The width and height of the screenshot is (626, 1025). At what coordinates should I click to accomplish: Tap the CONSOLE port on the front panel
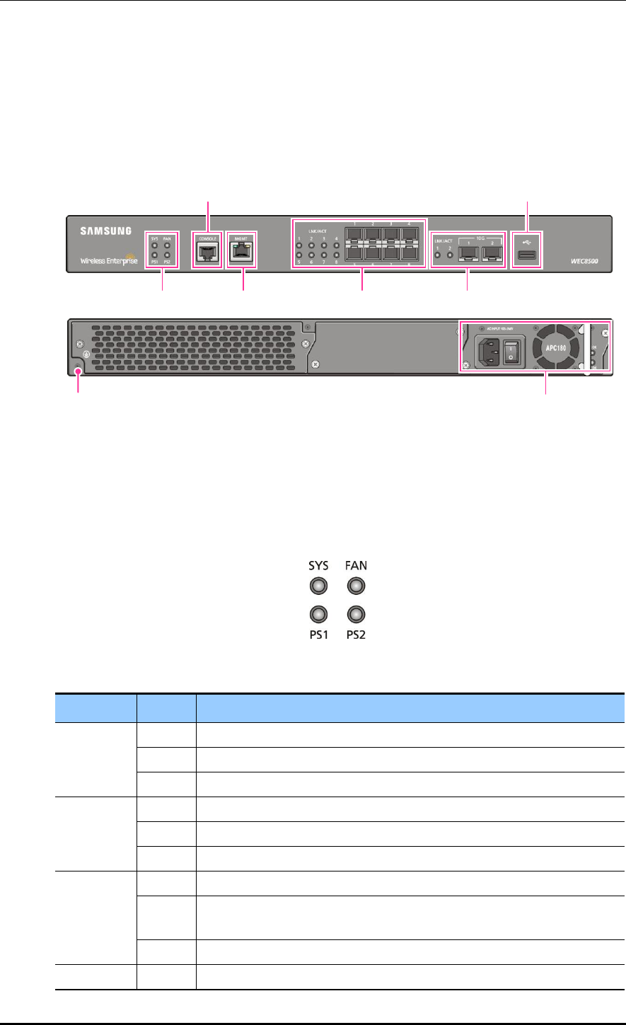206,251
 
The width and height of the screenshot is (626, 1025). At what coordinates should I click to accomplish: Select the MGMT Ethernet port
242,251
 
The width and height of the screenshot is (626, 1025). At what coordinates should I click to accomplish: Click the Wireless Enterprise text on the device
108,260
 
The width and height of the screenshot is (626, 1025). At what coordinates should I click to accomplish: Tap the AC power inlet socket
488,350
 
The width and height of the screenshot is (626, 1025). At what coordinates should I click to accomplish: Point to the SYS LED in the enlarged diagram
319,586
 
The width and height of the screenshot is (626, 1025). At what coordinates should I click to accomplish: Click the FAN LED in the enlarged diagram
356,586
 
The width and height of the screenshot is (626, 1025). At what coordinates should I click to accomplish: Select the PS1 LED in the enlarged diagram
319,614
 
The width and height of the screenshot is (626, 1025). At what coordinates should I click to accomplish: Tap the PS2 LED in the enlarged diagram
356,614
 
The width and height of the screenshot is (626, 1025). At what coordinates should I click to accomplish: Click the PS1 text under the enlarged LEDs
319,635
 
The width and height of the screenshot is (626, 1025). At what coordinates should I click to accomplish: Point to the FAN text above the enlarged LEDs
356,567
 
